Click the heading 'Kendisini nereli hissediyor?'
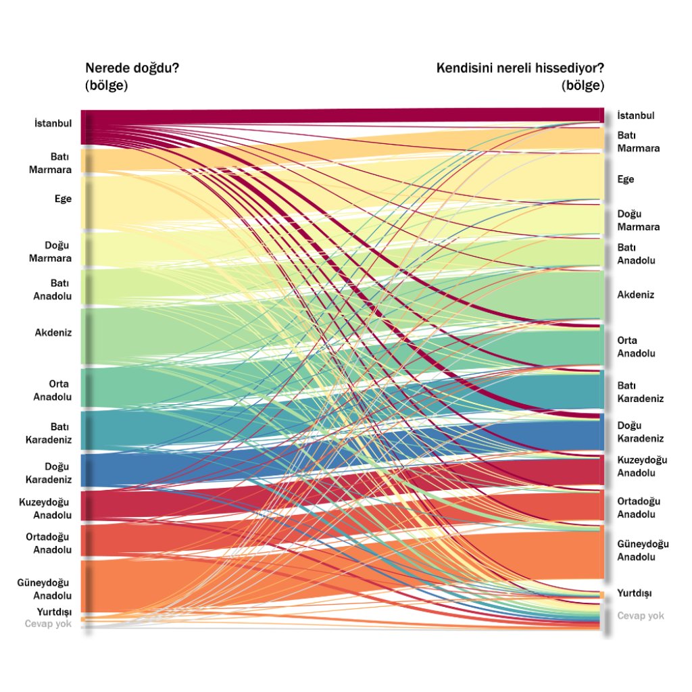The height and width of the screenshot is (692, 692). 520,68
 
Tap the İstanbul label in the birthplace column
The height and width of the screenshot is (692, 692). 53,123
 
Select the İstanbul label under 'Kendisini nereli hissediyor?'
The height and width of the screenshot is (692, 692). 636,116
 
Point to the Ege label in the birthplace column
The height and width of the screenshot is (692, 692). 63,199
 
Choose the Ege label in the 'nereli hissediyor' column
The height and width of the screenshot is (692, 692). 626,179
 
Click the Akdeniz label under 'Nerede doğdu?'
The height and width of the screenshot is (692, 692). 53,332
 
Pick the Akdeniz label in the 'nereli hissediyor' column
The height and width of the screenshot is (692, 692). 636,295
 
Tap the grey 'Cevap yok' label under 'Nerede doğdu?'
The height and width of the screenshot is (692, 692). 48,624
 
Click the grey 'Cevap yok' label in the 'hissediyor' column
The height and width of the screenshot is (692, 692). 641,616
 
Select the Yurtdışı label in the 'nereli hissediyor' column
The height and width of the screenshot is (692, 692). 635,593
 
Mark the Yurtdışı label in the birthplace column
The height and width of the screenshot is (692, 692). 51,612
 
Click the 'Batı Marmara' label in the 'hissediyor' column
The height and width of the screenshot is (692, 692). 638,141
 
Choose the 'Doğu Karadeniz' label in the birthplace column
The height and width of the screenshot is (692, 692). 49,473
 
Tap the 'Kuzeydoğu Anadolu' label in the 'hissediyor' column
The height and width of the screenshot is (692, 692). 642,466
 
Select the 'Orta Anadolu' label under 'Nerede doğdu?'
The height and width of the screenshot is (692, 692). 53,390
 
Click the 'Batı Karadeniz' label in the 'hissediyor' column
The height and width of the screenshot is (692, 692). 641,392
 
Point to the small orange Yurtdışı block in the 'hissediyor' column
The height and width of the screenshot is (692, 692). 601,594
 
